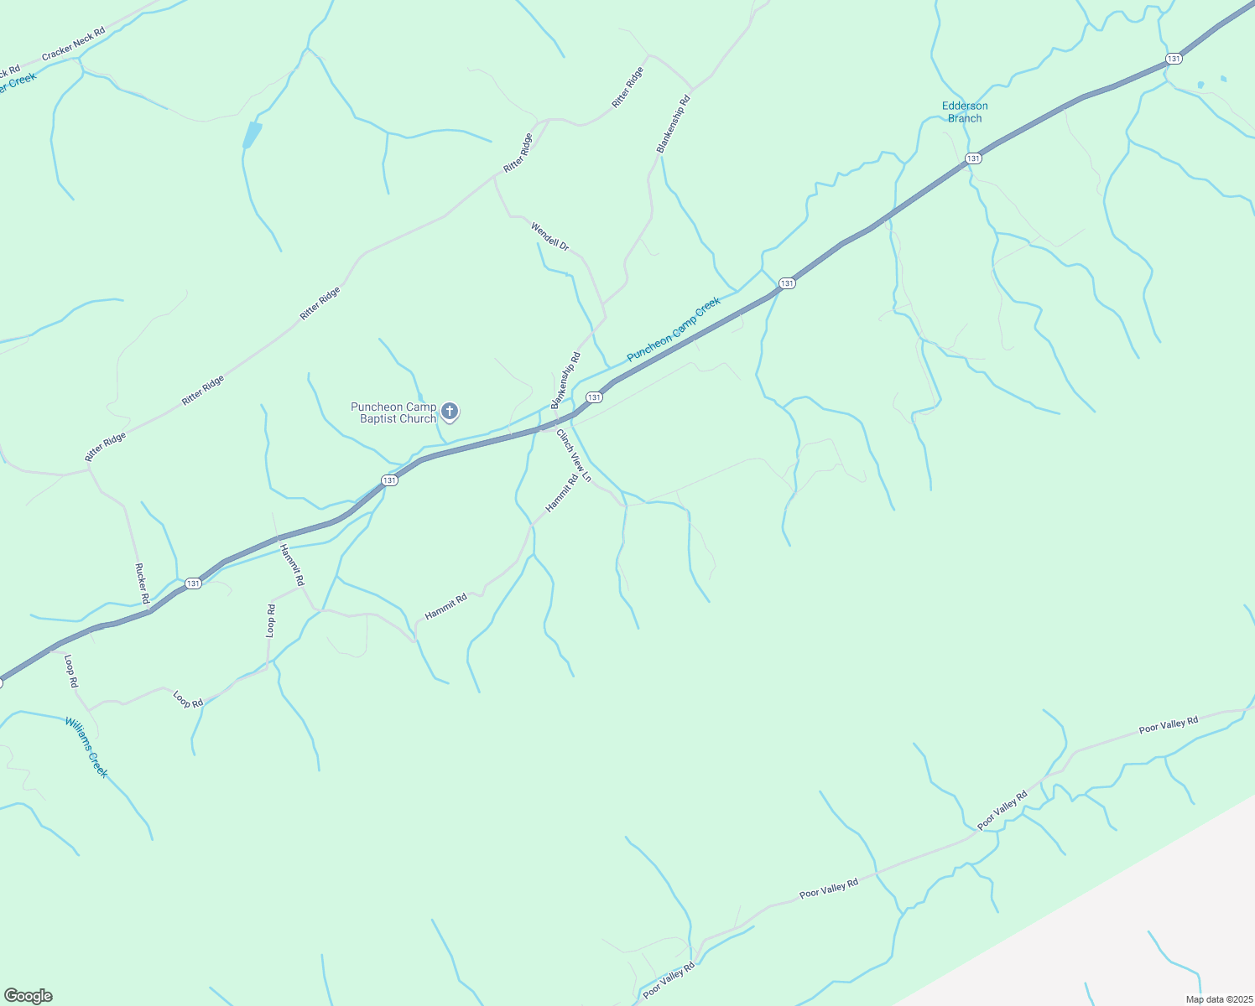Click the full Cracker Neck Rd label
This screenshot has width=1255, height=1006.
click(74, 44)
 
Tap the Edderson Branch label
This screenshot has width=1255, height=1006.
click(965, 112)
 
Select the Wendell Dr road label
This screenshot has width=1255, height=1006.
click(549, 236)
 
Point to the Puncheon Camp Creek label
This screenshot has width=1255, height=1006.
click(674, 329)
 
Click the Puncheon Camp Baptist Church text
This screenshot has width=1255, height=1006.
click(393, 412)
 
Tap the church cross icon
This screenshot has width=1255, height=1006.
click(450, 411)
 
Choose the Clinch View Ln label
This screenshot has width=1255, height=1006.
click(574, 456)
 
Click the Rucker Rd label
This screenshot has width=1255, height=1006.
click(142, 583)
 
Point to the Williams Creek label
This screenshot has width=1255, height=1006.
click(86, 747)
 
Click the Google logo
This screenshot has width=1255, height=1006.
click(28, 996)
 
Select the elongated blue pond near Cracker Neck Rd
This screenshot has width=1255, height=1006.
click(252, 135)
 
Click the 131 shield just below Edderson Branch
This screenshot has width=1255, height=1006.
click(973, 158)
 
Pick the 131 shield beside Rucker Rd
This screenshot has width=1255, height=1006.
click(193, 583)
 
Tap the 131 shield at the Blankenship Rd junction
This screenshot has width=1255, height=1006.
click(594, 397)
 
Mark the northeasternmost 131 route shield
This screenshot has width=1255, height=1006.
click(1174, 59)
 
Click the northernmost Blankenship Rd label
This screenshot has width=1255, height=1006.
click(673, 124)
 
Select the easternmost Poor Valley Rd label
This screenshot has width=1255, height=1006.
click(1169, 725)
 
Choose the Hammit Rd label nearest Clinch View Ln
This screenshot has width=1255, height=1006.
click(562, 494)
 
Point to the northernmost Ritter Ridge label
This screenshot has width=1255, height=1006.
click(627, 87)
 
